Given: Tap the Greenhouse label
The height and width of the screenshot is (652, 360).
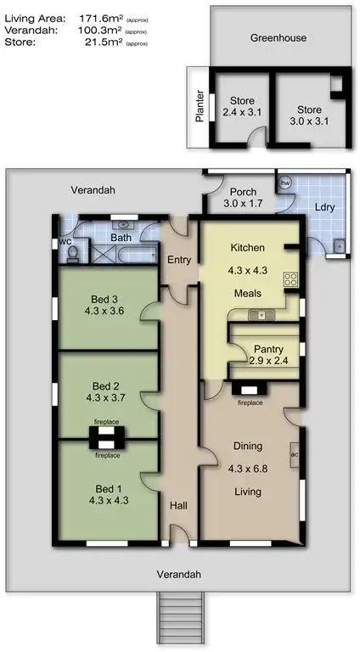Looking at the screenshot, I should [x=278, y=38].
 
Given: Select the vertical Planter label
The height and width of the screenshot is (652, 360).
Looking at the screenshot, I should [x=200, y=107].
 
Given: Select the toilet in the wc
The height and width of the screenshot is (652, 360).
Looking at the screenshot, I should [x=71, y=252].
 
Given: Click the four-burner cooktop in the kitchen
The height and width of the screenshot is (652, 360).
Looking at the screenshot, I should [x=290, y=280].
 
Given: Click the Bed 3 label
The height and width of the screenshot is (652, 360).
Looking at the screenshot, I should [x=106, y=298].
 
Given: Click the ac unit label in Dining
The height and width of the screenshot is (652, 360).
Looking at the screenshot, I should [x=294, y=452].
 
